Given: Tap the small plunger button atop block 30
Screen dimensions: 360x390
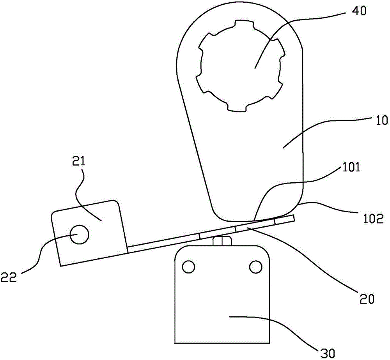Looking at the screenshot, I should (222, 241).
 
